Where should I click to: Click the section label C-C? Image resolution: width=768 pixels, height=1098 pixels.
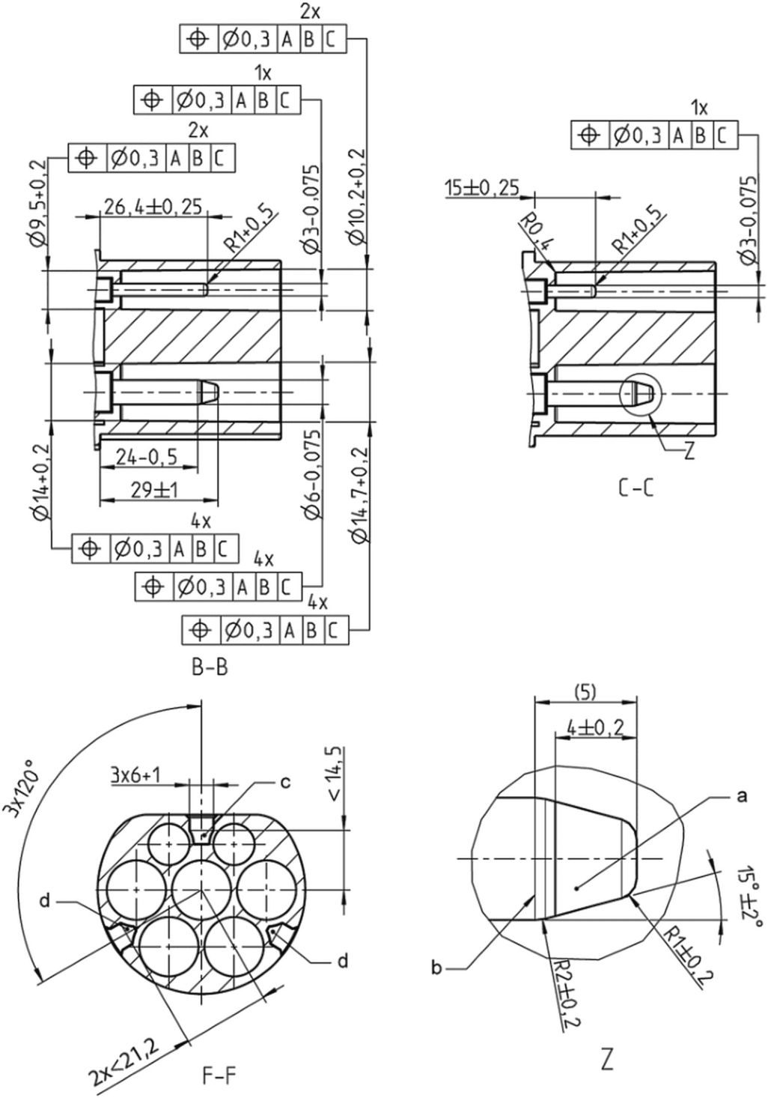pos(636,489)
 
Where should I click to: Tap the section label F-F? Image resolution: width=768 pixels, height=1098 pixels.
pos(219,1076)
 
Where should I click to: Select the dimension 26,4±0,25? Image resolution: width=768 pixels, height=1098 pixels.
pos(152,207)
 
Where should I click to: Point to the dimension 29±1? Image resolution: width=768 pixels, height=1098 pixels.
pos(155,490)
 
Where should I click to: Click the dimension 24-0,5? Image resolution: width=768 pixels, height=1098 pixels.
pos(147,458)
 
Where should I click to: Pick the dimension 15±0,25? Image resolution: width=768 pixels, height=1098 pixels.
pos(482,188)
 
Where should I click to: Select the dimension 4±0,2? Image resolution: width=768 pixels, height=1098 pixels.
pos(595,727)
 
